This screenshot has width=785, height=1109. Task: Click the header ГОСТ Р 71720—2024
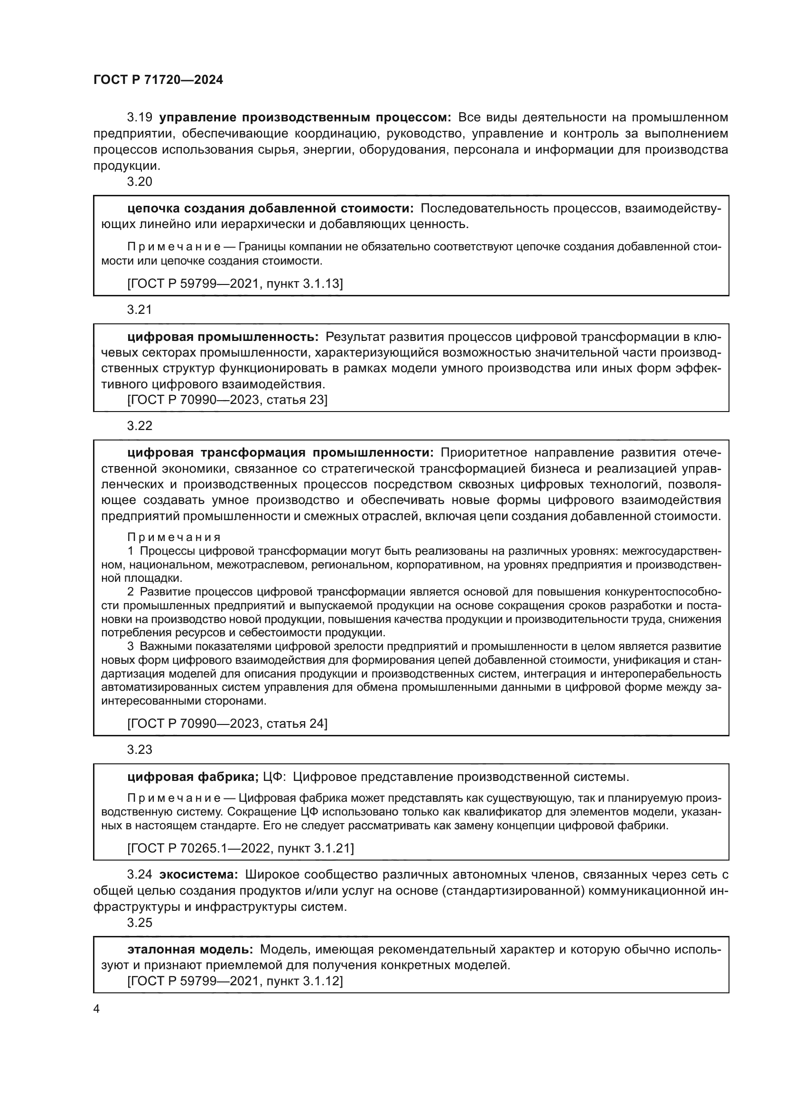point(158,80)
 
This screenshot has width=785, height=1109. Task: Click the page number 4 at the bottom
point(96,1009)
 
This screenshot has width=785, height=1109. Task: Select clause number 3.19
point(140,118)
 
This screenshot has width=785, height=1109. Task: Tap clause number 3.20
point(140,182)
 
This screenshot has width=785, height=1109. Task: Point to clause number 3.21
point(140,310)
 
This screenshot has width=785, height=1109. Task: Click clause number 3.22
point(140,425)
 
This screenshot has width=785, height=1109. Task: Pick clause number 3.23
point(140,750)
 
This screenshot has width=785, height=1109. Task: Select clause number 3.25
point(140,923)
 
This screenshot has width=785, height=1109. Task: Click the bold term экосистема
point(199,875)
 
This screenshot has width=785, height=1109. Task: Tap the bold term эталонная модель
point(190,950)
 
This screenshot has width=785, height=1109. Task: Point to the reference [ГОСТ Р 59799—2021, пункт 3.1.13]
point(235,284)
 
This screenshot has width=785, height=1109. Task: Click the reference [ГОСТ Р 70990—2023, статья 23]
point(227,400)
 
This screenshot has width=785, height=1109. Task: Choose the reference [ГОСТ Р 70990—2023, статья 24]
point(227,724)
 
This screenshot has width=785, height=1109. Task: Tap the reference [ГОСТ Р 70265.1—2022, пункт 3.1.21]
point(240,848)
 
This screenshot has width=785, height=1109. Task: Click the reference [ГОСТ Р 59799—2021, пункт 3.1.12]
point(235,981)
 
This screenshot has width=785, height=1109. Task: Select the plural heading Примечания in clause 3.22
point(174,537)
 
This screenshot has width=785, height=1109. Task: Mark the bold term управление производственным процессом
point(305,118)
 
